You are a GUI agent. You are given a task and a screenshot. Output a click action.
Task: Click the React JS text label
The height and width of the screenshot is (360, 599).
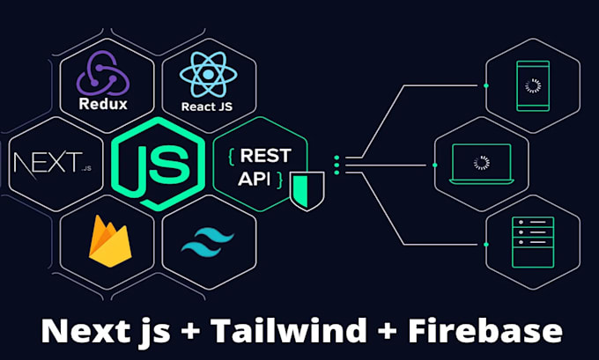[x=208, y=107]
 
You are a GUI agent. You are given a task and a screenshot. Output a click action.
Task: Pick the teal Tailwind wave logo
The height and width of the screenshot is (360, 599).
[x=208, y=240]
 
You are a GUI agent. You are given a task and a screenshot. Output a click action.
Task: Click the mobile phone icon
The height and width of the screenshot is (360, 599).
[x=531, y=85]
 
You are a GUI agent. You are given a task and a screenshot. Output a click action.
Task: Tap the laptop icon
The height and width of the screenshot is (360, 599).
[x=481, y=164]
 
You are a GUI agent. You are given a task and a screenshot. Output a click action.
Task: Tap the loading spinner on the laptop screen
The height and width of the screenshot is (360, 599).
[x=481, y=162]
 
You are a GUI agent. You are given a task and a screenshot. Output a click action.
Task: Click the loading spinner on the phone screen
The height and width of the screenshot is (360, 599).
[x=531, y=85]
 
